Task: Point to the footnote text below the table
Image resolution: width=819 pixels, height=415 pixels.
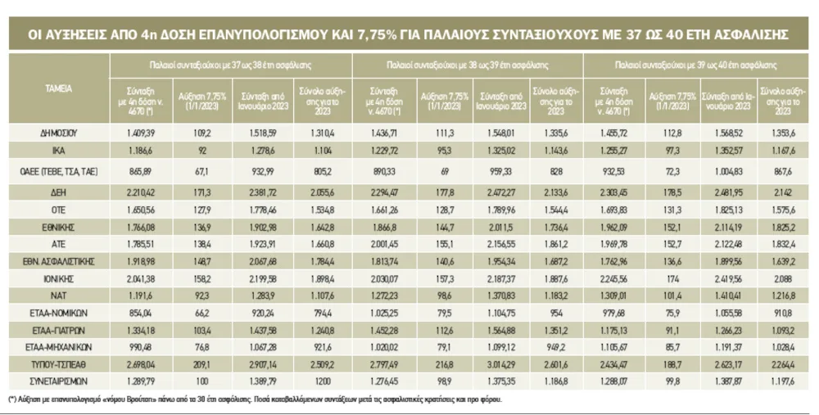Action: tap(254, 400)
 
